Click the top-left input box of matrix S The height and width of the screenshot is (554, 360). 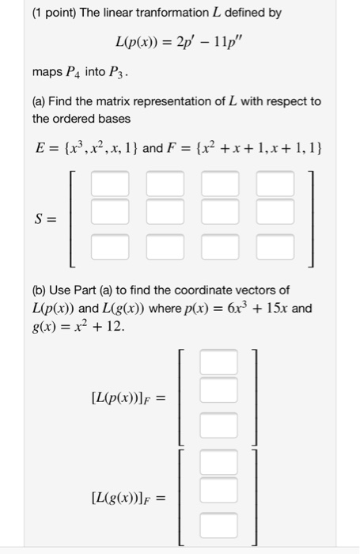coord(109,186)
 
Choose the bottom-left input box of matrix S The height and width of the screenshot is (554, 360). coord(109,248)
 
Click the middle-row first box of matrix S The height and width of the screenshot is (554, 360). coord(109,212)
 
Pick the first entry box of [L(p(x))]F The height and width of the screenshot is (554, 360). coord(218,363)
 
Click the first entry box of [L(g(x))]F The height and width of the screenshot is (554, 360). coord(218,463)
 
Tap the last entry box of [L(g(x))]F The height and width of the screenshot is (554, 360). coord(218,524)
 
